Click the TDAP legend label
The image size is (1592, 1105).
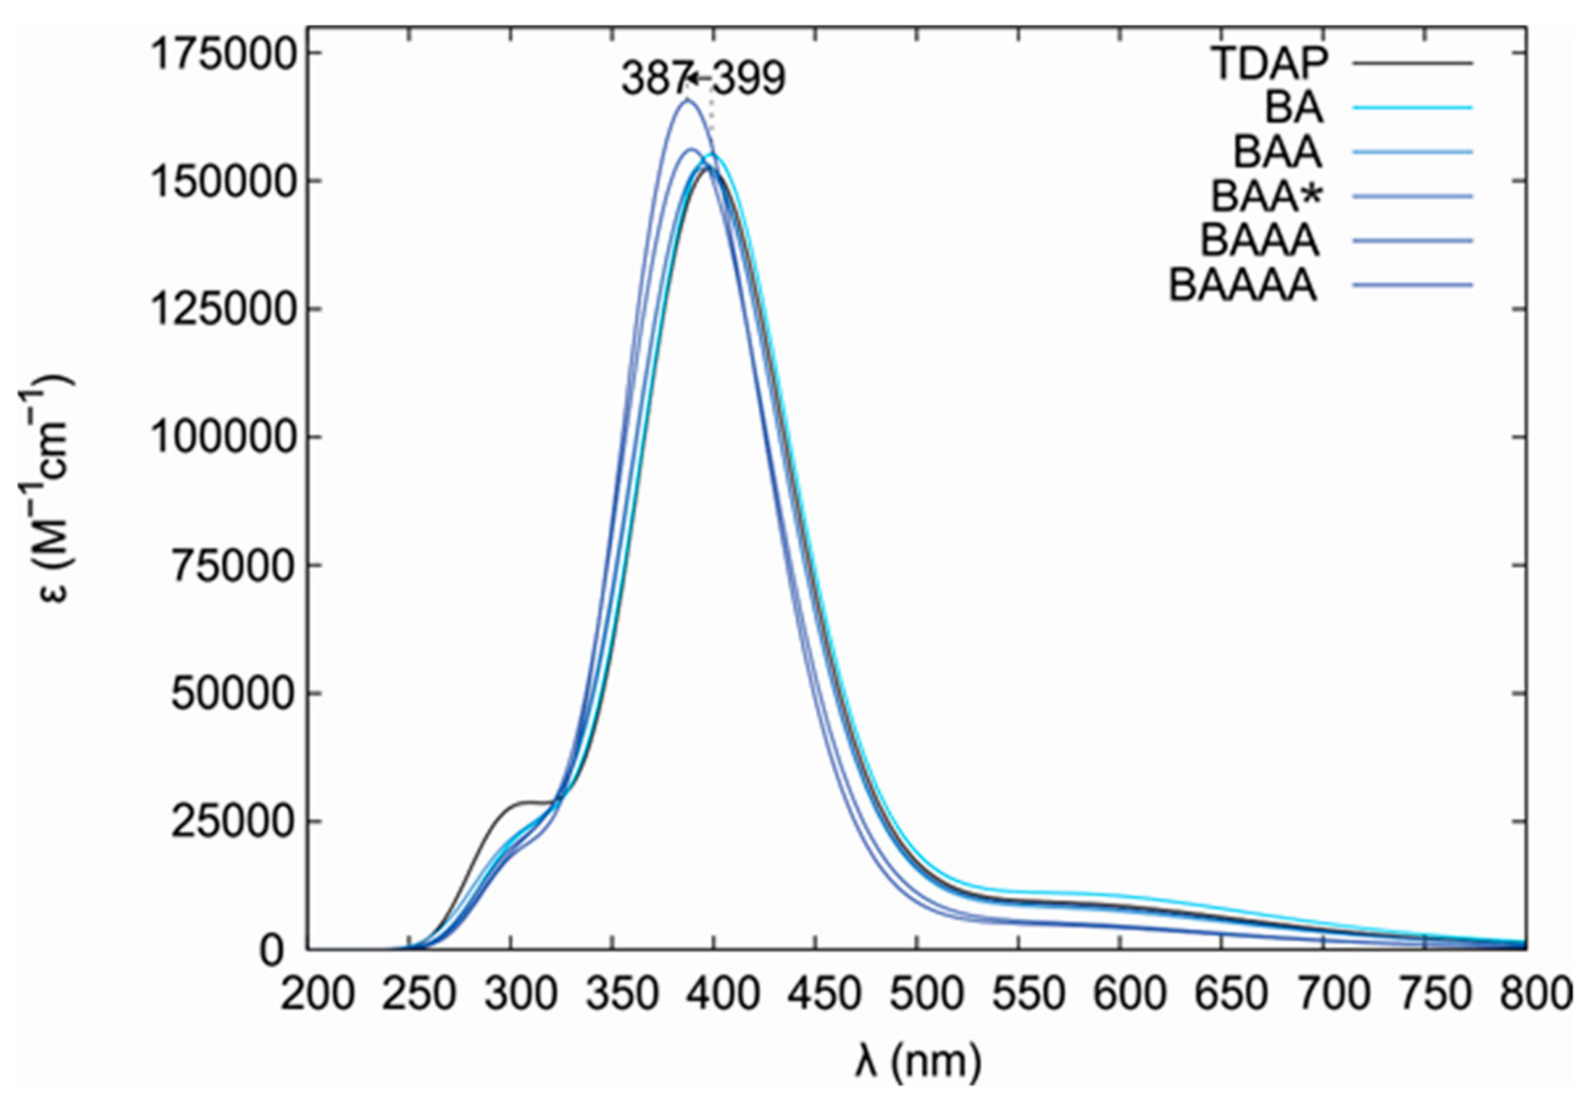pyautogui.click(x=1268, y=63)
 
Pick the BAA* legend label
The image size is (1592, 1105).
pyautogui.click(x=1266, y=196)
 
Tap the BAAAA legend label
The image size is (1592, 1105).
pyautogui.click(x=1242, y=285)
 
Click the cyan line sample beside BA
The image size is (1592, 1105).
pyautogui.click(x=1412, y=108)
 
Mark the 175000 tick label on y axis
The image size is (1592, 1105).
pyautogui.click(x=222, y=54)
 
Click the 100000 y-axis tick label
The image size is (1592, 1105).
pyautogui.click(x=222, y=438)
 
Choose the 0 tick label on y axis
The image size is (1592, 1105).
pyautogui.click(x=272, y=951)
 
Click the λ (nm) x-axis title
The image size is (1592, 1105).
pyautogui.click(x=918, y=1060)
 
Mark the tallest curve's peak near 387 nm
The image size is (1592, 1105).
pyautogui.click(x=687, y=100)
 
